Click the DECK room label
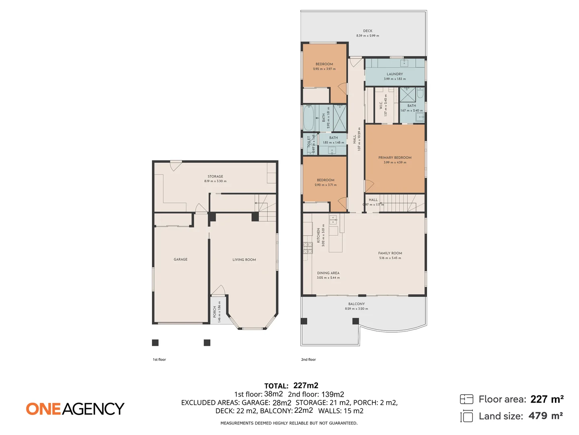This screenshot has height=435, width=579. click(x=368, y=31)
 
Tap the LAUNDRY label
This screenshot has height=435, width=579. click(x=394, y=74)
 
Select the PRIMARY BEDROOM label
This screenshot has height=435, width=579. click(x=394, y=157)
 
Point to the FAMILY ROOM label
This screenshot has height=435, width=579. click(x=390, y=253)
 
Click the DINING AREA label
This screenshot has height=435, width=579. click(x=328, y=273)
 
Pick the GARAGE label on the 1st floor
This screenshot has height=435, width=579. click(x=181, y=259)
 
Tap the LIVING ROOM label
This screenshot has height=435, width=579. click(x=244, y=260)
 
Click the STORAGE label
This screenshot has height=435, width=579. click(x=215, y=176)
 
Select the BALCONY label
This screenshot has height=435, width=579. click(x=356, y=304)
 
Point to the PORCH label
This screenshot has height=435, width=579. click(x=215, y=311)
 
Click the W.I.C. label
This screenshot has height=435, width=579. click(x=381, y=106)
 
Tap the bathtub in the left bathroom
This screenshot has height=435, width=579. click(x=308, y=118)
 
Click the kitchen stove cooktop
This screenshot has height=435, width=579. click(x=308, y=248)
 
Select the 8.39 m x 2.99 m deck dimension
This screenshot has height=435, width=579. click(x=368, y=36)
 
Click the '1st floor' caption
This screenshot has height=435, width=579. click(x=159, y=360)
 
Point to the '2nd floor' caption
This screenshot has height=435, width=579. click(x=308, y=360)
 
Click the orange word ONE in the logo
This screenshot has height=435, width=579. click(x=43, y=409)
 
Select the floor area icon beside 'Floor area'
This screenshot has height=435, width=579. click(x=466, y=399)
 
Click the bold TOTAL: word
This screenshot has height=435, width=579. click(x=276, y=386)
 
